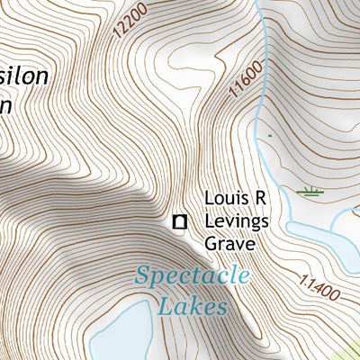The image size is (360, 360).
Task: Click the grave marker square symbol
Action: click(x=180, y=220)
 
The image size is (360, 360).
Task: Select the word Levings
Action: click(x=236, y=220)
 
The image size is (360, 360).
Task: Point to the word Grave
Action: click(x=230, y=243)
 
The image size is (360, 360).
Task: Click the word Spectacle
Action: click(x=192, y=276)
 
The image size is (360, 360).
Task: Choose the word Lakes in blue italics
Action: click(x=192, y=307)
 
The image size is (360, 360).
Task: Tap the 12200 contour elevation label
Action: click(x=131, y=20)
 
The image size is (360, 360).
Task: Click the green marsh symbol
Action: click(x=310, y=190)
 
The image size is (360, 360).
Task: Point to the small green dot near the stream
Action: click(x=269, y=136)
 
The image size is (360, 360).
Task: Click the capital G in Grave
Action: click(x=211, y=243)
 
